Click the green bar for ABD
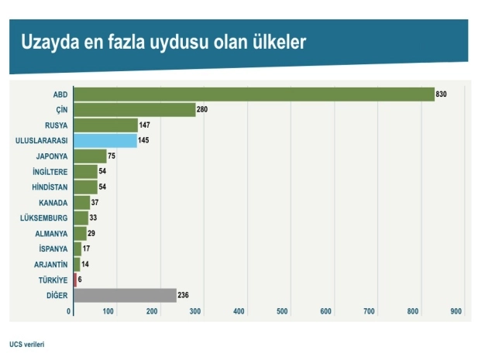[253, 94]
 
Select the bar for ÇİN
[134, 110]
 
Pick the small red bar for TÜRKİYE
[75, 279]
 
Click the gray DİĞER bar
[125, 295]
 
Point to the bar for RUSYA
[105, 125]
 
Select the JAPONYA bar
[90, 156]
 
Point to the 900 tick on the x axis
[456, 311]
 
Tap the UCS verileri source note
[27, 344]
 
